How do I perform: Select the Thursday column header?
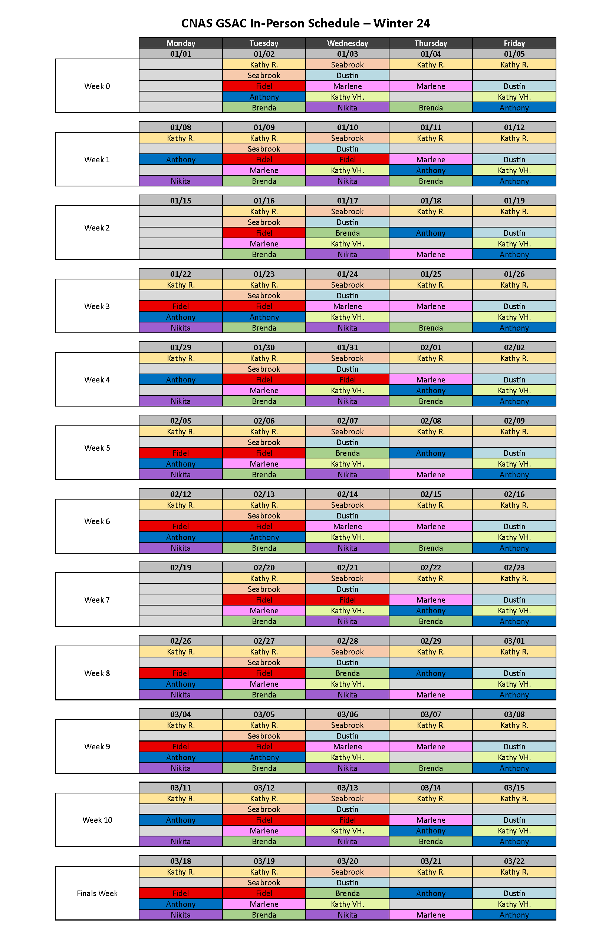tap(430, 43)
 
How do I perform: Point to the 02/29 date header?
tap(430, 641)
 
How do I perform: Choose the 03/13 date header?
tap(347, 788)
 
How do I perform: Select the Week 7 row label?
tap(97, 600)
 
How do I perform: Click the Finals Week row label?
tap(97, 893)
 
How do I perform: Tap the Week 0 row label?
tap(97, 86)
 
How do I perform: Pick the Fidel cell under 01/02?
tap(264, 86)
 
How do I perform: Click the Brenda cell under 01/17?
tap(347, 233)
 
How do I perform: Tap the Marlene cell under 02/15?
tap(430, 527)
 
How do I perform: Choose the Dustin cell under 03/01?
tap(514, 673)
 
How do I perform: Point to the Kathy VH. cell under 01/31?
tap(347, 391)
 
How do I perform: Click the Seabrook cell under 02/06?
tap(264, 442)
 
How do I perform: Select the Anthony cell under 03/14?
tap(430, 830)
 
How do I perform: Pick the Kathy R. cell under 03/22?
tap(514, 872)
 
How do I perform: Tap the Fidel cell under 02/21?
tap(347, 600)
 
